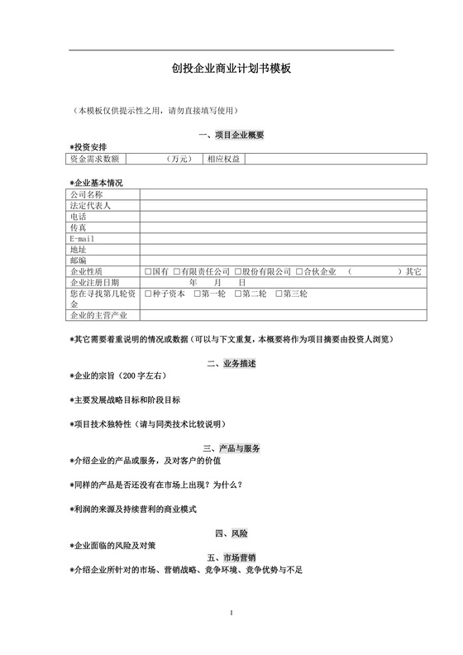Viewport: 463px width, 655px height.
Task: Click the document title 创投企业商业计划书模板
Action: tap(231, 71)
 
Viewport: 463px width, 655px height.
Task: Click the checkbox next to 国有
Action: tap(147, 271)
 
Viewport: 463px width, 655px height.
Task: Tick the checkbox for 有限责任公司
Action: tap(176, 271)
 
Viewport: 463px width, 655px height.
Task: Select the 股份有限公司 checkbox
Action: tap(237, 271)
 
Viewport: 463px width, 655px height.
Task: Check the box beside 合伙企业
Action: tap(299, 271)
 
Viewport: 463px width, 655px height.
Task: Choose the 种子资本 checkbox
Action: tap(147, 294)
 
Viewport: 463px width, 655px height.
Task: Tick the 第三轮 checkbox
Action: tap(279, 294)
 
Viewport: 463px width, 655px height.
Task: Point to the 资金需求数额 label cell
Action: tap(95, 158)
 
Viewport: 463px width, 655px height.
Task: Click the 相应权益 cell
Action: tap(223, 158)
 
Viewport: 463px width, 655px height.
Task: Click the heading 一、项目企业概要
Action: tap(231, 135)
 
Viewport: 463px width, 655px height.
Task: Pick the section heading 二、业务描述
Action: tap(231, 364)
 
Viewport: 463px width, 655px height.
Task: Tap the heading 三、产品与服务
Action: tap(231, 448)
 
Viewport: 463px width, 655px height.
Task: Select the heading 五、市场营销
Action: tap(231, 558)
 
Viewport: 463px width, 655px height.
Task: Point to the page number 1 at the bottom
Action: tap(232, 613)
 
